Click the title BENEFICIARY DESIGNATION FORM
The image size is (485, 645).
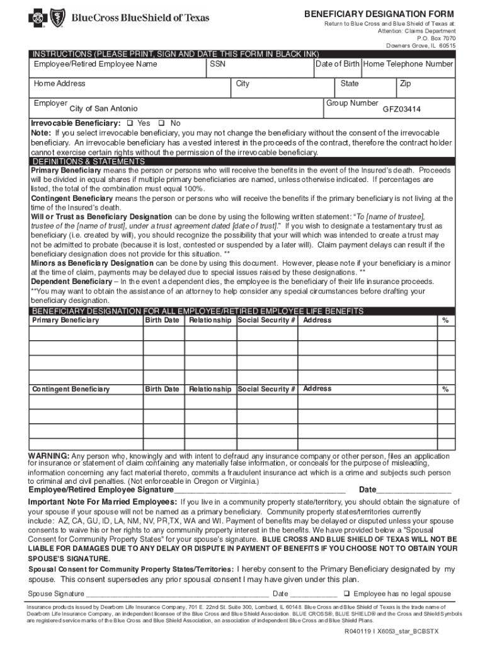pos(379,14)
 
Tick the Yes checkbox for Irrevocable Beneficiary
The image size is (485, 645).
pos(130,123)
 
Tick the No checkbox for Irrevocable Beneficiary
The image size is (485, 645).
pos(161,123)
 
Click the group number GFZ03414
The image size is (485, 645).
pos(402,109)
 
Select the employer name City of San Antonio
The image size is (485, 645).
pos(103,109)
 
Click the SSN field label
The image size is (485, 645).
pos(217,64)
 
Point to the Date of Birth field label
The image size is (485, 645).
pos(338,64)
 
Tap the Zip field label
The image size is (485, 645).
pos(405,84)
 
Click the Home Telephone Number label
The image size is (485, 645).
pos(408,64)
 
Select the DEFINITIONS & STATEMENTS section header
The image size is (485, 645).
pos(80,161)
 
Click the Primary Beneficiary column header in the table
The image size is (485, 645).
pos(66,321)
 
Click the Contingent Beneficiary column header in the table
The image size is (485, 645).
pos(71,389)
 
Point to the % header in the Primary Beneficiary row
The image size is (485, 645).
pos(445,321)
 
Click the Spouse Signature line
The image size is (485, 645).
pos(177,594)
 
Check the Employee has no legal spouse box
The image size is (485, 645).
pos(346,593)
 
